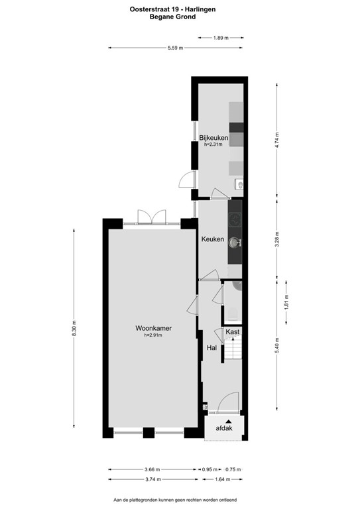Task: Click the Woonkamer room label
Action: [x=153, y=327]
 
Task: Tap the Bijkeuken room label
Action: [x=213, y=138]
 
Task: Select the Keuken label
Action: [x=212, y=239]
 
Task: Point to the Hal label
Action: [x=212, y=347]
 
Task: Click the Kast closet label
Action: [x=232, y=331]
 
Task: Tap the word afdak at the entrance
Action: [x=225, y=429]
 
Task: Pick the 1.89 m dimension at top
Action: [x=221, y=38]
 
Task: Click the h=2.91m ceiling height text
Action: [x=153, y=335]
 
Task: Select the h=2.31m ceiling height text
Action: [x=213, y=144]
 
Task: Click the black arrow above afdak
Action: [x=229, y=420]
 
